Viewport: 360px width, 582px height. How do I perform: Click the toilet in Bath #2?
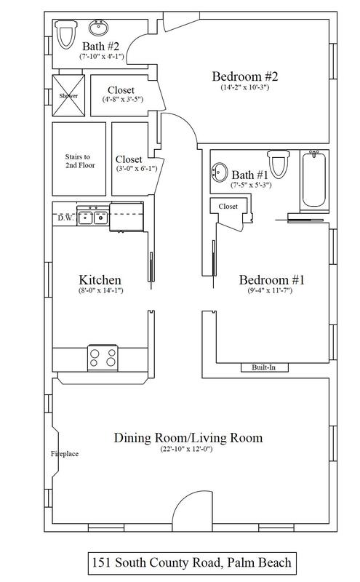[66, 34]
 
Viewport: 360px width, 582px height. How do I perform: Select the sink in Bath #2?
[99, 28]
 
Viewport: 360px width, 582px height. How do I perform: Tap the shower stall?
[68, 95]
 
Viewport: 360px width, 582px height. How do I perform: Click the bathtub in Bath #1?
[314, 180]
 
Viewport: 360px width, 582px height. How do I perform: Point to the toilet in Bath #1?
[279, 164]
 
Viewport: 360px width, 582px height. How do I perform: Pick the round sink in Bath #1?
[220, 172]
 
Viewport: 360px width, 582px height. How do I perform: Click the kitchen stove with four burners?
[103, 358]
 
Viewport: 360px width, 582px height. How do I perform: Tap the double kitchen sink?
[93, 216]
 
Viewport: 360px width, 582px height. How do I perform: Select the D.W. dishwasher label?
[65, 218]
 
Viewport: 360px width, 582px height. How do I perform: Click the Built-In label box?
[264, 367]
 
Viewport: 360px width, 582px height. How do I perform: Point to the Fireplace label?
[65, 453]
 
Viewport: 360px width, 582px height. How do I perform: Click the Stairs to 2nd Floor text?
[80, 161]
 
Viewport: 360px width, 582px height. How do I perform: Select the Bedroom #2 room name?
[245, 76]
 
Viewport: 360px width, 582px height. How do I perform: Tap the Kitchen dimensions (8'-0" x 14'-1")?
[100, 290]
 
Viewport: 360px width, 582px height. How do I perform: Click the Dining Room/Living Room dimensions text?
[186, 449]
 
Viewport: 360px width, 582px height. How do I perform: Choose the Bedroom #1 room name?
[272, 279]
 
